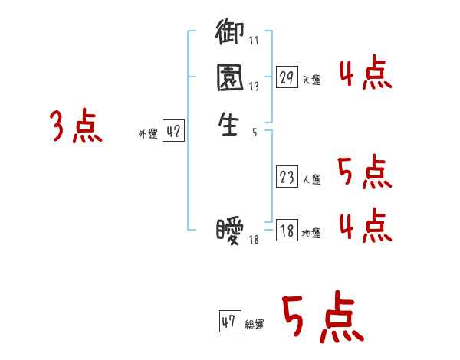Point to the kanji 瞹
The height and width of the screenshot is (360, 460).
coord(231,231)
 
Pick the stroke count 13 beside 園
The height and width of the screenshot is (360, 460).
coord(253,87)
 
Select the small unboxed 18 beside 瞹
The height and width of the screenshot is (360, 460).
coord(255,241)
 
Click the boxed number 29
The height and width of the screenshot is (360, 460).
coord(287,77)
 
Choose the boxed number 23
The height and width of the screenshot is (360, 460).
coord(287,178)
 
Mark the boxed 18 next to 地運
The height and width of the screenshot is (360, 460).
coord(287,231)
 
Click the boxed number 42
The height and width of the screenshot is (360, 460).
coord(172,132)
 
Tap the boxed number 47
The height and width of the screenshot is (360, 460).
coord(229,322)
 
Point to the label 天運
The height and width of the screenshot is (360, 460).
coord(312,80)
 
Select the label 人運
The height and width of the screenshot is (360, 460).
coord(312,180)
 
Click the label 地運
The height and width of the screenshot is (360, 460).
coord(312,233)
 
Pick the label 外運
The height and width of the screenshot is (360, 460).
coord(148,134)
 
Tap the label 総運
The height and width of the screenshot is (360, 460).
coord(255,324)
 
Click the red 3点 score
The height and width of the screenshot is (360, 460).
coord(77,126)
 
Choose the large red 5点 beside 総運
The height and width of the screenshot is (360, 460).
coord(323,318)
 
